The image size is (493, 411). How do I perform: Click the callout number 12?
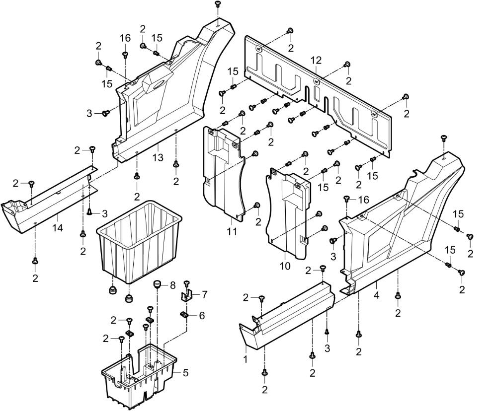pos(316,61)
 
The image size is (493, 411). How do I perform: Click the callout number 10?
pos(285,266)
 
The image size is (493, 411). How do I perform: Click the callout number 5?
pos(185,373)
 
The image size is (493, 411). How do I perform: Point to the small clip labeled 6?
pos(183,314)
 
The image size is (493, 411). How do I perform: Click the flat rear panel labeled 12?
pos(318,94)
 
